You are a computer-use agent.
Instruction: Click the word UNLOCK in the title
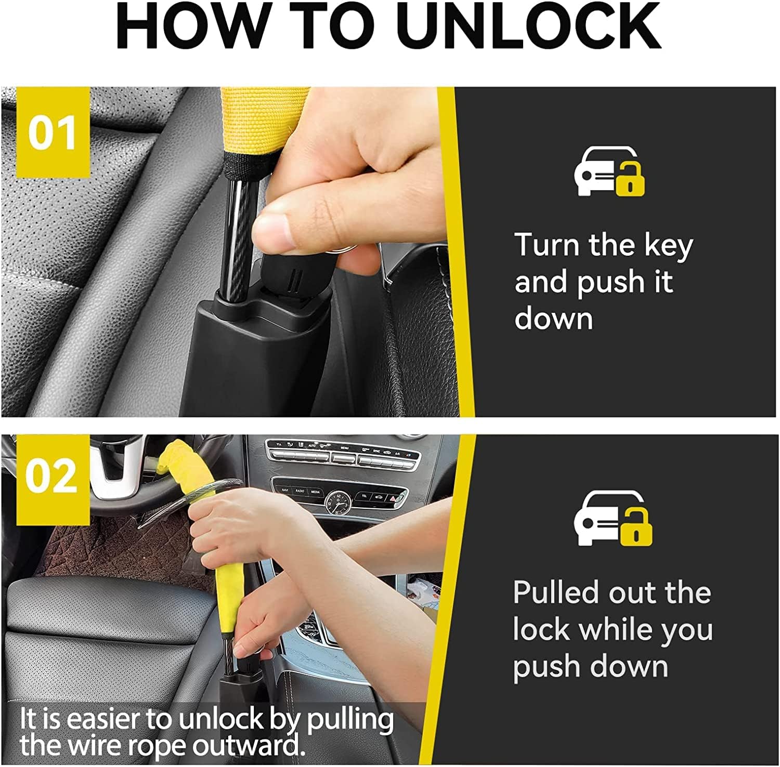click(531, 25)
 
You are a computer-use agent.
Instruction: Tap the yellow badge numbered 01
click(53, 133)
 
